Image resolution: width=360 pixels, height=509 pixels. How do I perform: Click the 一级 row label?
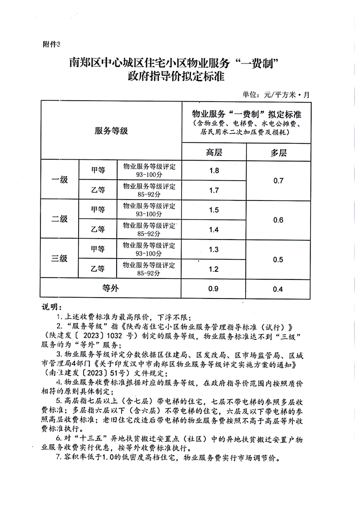click(x=59, y=180)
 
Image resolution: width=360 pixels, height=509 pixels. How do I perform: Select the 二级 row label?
click(x=59, y=219)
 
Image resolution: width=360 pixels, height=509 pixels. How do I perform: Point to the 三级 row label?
click(x=59, y=259)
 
